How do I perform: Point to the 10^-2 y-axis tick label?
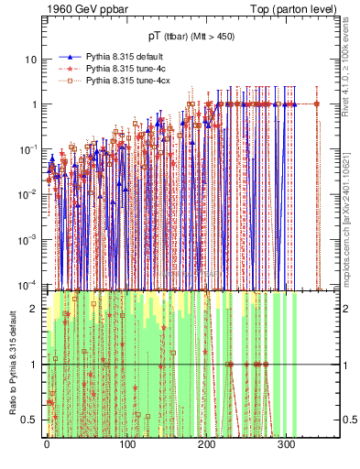click(x=29, y=192)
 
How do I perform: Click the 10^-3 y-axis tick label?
click(x=29, y=237)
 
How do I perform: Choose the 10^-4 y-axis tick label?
click(x=29, y=281)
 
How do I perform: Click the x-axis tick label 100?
click(x=126, y=446)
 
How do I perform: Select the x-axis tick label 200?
click(x=206, y=446)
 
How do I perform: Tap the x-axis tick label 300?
click(x=286, y=446)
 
